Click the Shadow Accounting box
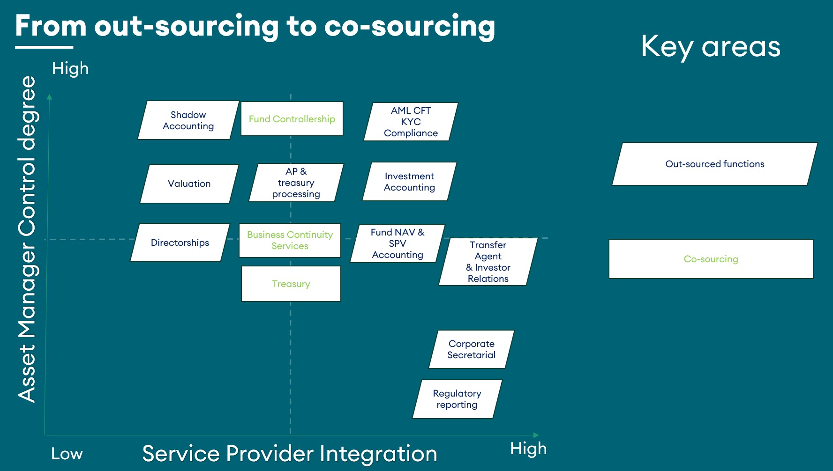pyautogui.click(x=188, y=120)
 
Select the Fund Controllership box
pyautogui.click(x=292, y=119)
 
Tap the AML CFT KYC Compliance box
pyautogui.click(x=411, y=122)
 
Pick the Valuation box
pyautogui.click(x=189, y=184)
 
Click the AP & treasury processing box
pyautogui.click(x=296, y=183)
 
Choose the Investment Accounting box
pyautogui.click(x=409, y=182)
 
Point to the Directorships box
pyautogui.click(x=180, y=243)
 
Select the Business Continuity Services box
pyautogui.click(x=290, y=240)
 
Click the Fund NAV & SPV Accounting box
pyautogui.click(x=397, y=243)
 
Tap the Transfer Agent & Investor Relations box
pyautogui.click(x=488, y=262)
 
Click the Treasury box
pyautogui.click(x=291, y=284)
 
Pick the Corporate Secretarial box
pyautogui.click(x=471, y=349)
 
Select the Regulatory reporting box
pyautogui.click(x=457, y=399)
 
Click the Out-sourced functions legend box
pyautogui.click(x=714, y=164)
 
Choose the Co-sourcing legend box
pyautogui.click(x=711, y=259)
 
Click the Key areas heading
pyautogui.click(x=711, y=47)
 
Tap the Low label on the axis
pyautogui.click(x=67, y=454)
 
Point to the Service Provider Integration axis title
pyautogui.click(x=290, y=454)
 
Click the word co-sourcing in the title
pyautogui.click(x=409, y=26)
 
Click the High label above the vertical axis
pyautogui.click(x=70, y=68)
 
